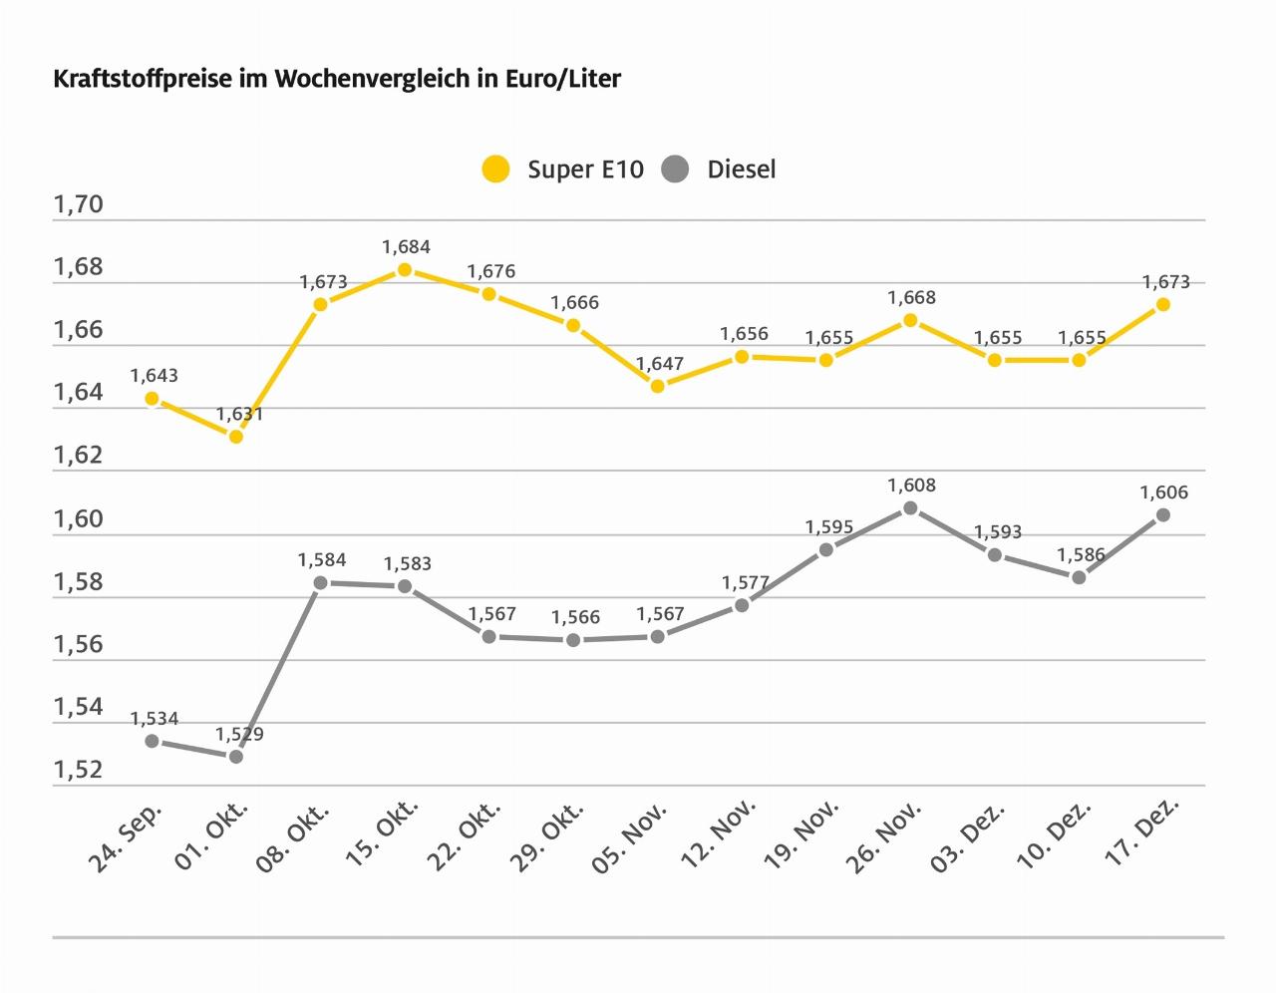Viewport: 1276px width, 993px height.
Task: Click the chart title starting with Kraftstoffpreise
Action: [x=337, y=79]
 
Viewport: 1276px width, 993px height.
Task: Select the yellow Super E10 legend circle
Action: [x=495, y=169]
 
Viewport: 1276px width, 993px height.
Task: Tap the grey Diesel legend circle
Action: [x=676, y=169]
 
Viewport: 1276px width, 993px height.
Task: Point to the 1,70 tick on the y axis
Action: [x=79, y=205]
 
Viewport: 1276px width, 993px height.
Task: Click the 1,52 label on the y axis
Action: [x=79, y=770]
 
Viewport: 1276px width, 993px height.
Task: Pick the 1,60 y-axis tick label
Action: [x=79, y=519]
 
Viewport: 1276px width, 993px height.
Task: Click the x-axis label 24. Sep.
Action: [x=126, y=835]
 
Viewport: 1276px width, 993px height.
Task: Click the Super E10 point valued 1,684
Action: [x=405, y=270]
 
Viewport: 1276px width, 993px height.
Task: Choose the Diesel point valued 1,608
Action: [x=910, y=508]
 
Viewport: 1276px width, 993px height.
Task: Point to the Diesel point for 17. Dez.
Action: [x=1162, y=515]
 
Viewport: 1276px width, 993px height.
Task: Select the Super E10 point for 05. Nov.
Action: [x=658, y=386]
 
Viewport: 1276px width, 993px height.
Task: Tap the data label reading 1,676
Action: [x=491, y=271]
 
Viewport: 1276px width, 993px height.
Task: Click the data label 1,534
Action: [x=154, y=719]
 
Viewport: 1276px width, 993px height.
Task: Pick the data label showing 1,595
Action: [x=829, y=527]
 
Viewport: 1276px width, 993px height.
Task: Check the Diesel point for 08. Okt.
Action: [x=320, y=583]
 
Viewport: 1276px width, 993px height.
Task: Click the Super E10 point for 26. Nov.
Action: [x=910, y=320]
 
